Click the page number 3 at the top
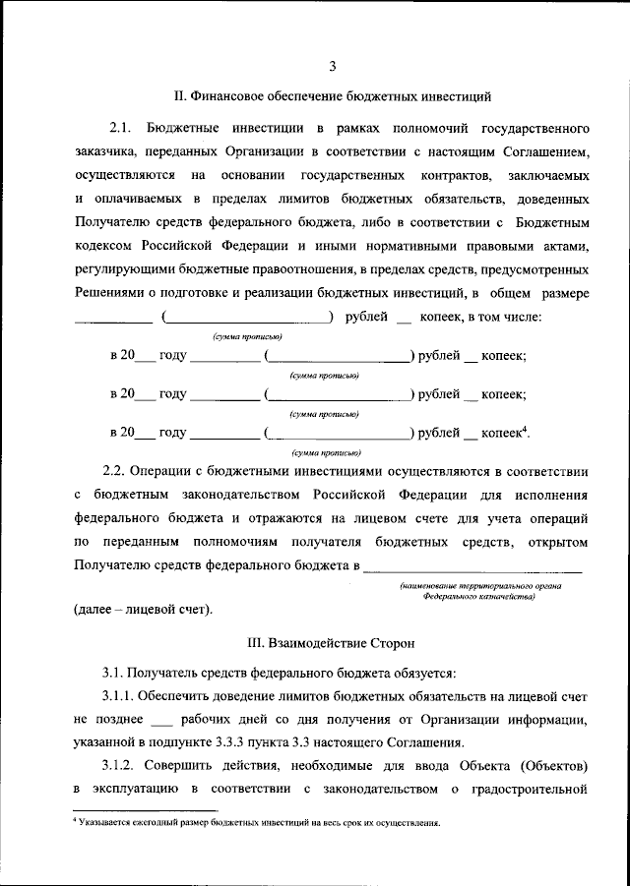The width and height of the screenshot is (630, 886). (333, 67)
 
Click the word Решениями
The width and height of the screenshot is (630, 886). (108, 293)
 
